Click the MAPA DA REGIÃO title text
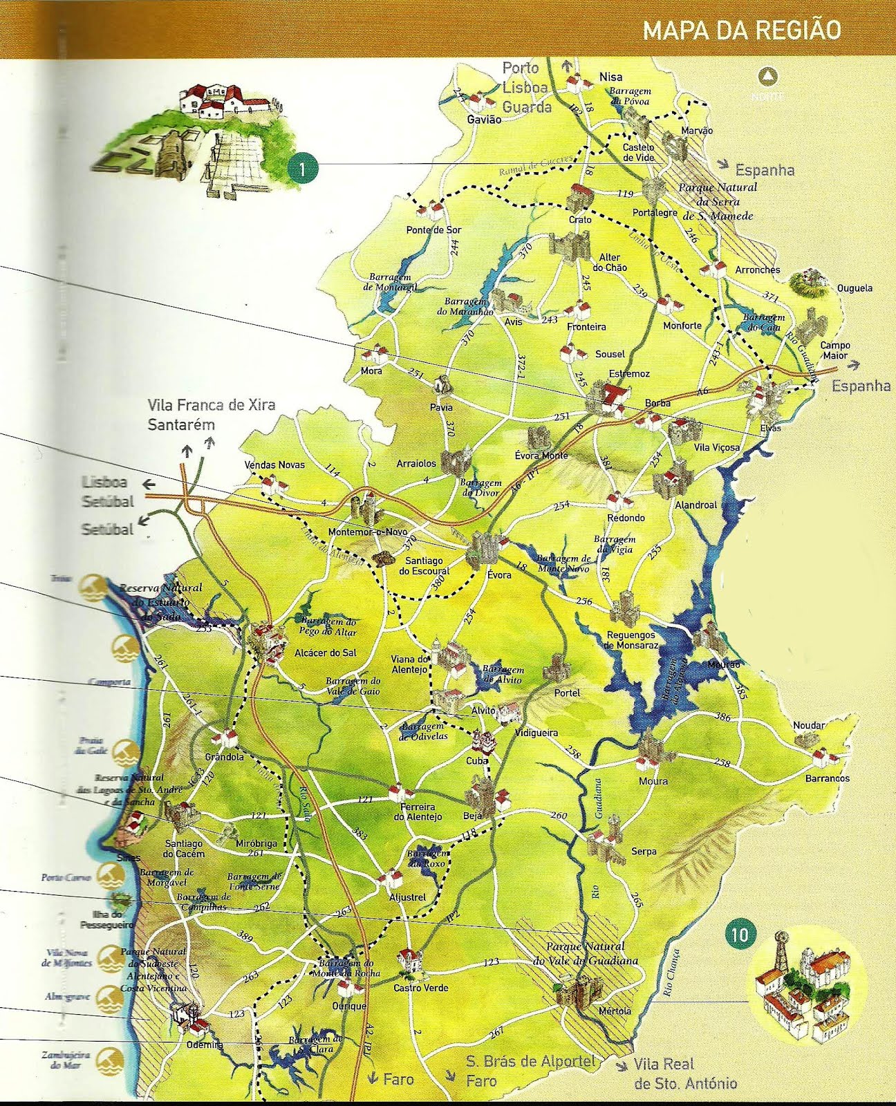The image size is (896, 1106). pyautogui.click(x=742, y=31)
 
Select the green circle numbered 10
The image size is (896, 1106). pyautogui.click(x=739, y=935)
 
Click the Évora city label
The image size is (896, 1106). pyautogui.click(x=499, y=574)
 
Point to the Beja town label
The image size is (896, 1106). pyautogui.click(x=472, y=816)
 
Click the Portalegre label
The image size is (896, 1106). pyautogui.click(x=654, y=213)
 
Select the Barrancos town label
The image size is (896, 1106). pyautogui.click(x=827, y=778)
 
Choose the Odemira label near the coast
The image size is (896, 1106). pyautogui.click(x=205, y=1045)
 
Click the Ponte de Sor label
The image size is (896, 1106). pyautogui.click(x=433, y=229)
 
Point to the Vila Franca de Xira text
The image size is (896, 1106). pyautogui.click(x=211, y=404)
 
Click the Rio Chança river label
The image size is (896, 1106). pyautogui.click(x=670, y=972)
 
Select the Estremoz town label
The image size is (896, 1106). pyautogui.click(x=629, y=373)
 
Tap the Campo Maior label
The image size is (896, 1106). pyautogui.click(x=834, y=350)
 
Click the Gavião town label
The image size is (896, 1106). pyautogui.click(x=484, y=119)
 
